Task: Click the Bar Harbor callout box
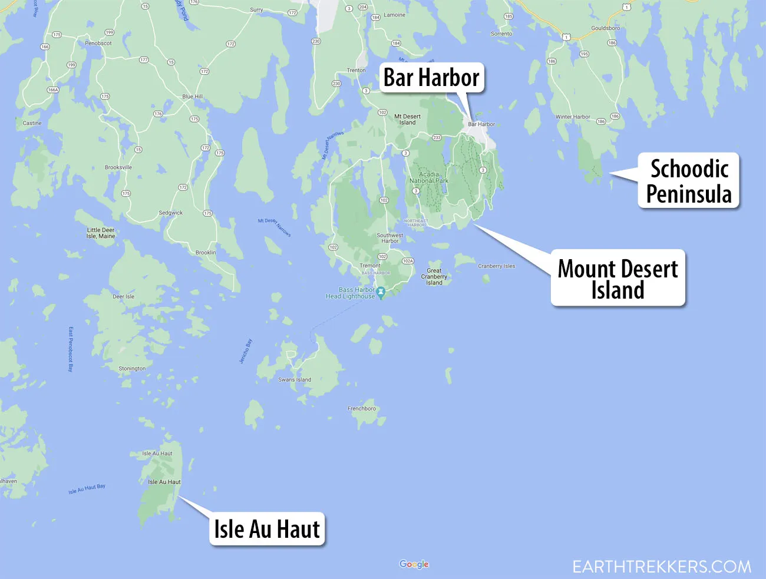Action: [x=431, y=78]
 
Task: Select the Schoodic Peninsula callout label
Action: [x=689, y=181]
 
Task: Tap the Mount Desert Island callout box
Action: [x=618, y=278]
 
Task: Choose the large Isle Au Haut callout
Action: [x=267, y=529]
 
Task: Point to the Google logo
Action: [x=414, y=564]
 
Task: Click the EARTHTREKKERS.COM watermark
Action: [x=662, y=567]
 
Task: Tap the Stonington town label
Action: [x=132, y=369]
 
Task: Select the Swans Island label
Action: [x=295, y=380]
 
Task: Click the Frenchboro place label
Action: [x=362, y=409]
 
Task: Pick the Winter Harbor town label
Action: [x=573, y=117]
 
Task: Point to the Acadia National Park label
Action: [x=429, y=178]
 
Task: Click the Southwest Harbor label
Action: [x=390, y=238]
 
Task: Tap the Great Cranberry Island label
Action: [x=434, y=277]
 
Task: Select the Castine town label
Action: [x=32, y=124]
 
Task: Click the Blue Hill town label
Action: [x=193, y=97]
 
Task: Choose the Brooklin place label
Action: [x=206, y=253]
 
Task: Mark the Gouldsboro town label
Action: [x=606, y=28]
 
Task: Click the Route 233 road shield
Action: [x=437, y=138]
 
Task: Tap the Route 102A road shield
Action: [x=408, y=261]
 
